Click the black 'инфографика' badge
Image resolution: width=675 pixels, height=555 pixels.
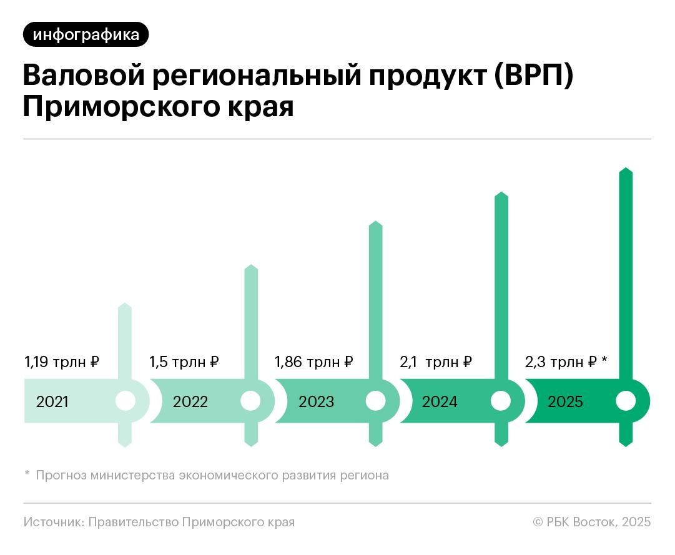pyautogui.click(x=86, y=34)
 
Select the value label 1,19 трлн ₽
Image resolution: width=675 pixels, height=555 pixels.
pyautogui.click(x=62, y=361)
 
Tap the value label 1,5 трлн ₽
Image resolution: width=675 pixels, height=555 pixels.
pyautogui.click(x=184, y=361)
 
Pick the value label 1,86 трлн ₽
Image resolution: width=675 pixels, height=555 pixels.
pyautogui.click(x=314, y=361)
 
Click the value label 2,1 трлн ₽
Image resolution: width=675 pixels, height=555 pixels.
pyautogui.click(x=436, y=361)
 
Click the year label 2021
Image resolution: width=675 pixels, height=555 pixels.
pyautogui.click(x=52, y=401)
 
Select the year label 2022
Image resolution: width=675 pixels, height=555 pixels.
pyautogui.click(x=190, y=401)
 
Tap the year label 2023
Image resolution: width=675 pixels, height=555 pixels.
pyautogui.click(x=316, y=401)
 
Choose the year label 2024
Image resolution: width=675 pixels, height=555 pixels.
pyautogui.click(x=440, y=401)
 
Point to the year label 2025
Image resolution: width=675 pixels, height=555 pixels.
pyautogui.click(x=565, y=401)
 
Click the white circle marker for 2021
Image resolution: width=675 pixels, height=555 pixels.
pyautogui.click(x=126, y=401)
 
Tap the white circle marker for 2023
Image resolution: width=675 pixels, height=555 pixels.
pyautogui.click(x=375, y=401)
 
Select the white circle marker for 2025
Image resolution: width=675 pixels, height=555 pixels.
pyautogui.click(x=625, y=401)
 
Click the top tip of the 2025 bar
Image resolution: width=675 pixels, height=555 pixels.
pyautogui.click(x=626, y=170)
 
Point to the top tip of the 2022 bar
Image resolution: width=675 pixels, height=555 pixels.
pyautogui.click(x=250, y=267)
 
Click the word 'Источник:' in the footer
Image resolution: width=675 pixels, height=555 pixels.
pyautogui.click(x=52, y=522)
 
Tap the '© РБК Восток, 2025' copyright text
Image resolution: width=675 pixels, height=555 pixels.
pyautogui.click(x=591, y=522)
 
